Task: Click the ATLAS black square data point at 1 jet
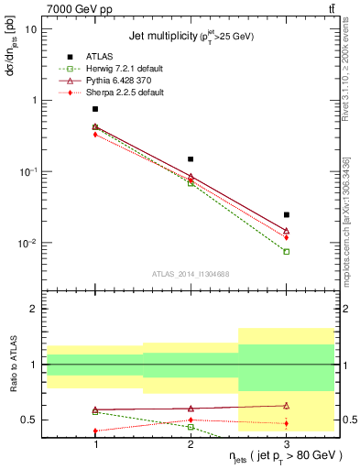(95, 109)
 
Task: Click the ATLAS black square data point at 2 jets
(191, 159)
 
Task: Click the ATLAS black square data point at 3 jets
(287, 214)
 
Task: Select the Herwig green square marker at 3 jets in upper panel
(287, 251)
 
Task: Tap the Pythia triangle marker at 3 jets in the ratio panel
(287, 405)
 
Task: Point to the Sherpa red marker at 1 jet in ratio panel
(95, 431)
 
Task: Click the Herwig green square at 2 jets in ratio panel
(191, 427)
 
